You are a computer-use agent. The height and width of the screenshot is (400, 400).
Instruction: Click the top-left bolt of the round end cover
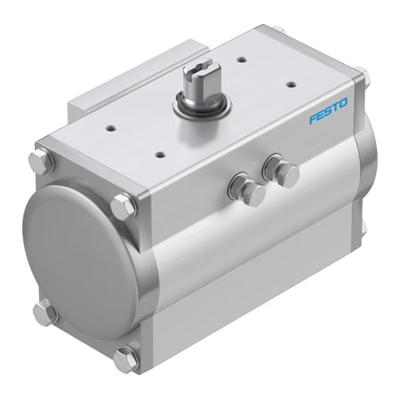41,162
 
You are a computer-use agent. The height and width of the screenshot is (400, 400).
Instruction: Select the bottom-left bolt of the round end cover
45,312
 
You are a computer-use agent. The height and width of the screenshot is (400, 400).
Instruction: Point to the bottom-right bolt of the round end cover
127,358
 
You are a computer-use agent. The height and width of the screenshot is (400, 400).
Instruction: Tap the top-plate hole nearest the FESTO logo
291,85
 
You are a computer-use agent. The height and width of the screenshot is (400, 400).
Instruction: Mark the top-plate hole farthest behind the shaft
241,60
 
